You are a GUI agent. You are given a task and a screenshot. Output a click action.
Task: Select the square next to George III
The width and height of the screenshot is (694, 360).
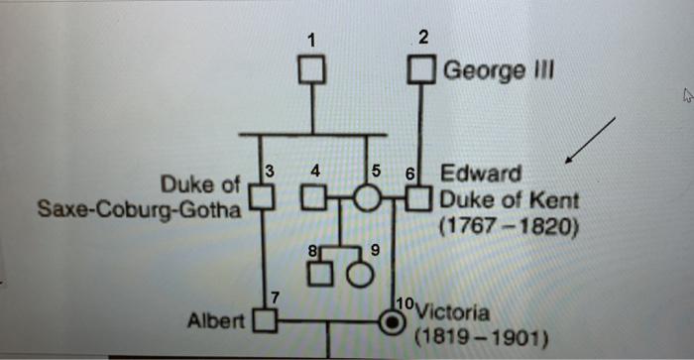(x=423, y=71)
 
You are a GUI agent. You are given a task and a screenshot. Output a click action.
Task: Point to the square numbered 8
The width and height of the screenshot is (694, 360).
(x=317, y=271)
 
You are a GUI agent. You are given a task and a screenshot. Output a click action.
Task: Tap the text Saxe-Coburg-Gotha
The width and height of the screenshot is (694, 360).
(x=139, y=210)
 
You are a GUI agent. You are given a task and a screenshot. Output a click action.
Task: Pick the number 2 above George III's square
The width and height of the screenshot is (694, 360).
(x=423, y=39)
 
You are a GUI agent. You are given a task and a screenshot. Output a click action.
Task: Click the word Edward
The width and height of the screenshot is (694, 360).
(x=482, y=174)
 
